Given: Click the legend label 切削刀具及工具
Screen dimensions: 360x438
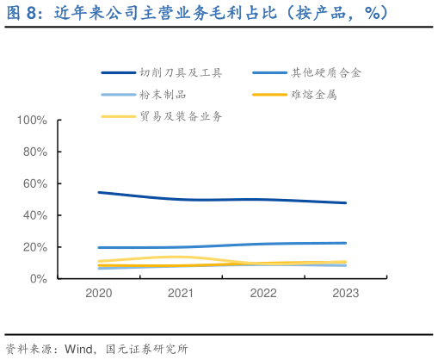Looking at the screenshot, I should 180,73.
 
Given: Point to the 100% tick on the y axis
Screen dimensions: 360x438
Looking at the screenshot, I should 31,120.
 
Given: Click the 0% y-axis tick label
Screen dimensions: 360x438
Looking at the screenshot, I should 37,279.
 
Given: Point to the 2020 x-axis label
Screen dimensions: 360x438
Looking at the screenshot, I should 99,294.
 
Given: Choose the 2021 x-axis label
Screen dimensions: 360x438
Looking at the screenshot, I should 181,294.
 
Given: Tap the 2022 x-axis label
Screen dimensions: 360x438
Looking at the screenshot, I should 263,294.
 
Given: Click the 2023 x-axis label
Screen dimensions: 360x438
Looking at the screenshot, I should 346,294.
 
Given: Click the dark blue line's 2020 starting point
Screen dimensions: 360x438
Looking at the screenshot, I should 99,192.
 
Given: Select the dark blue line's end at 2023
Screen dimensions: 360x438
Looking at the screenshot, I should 346,203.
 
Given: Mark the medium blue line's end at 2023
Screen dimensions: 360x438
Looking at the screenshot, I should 346,243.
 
